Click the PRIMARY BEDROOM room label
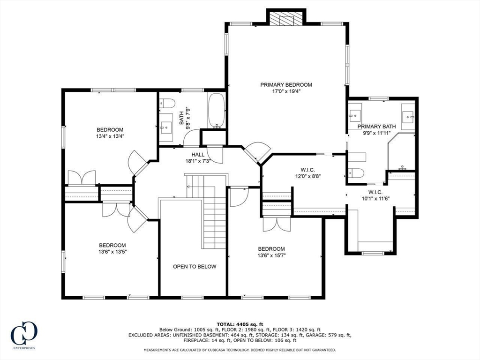click(286, 85)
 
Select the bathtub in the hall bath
click(217, 111)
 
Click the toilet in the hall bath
click(167, 103)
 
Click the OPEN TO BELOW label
click(195, 267)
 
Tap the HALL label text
click(198, 155)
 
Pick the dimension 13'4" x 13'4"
click(110, 136)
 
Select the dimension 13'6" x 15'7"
click(271, 255)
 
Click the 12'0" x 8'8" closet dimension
click(307, 176)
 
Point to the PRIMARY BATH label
click(376, 127)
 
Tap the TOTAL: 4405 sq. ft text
click(240, 324)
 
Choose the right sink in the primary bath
click(408, 116)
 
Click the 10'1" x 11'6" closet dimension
click(375, 198)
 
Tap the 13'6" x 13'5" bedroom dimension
click(112, 252)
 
